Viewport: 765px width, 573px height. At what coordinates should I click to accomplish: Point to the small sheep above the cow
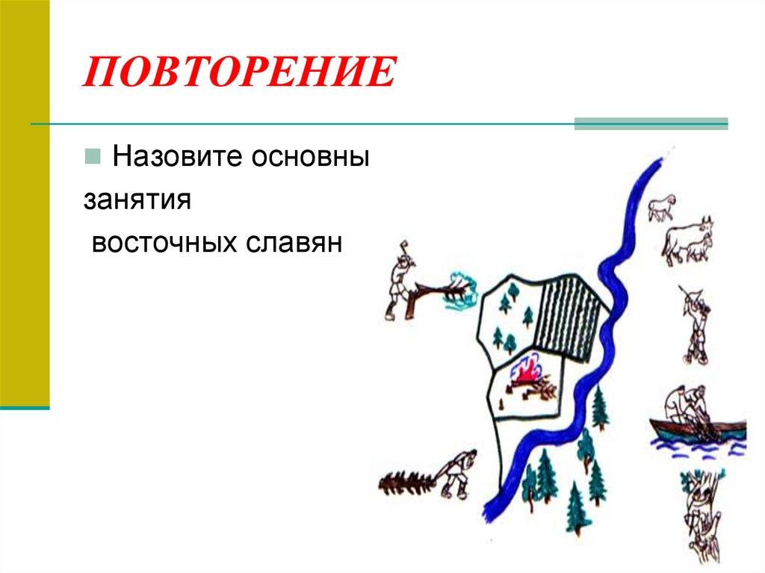point(662,207)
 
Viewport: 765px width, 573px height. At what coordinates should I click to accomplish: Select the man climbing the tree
point(700,508)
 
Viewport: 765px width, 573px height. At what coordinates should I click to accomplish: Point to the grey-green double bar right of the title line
point(651,124)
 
